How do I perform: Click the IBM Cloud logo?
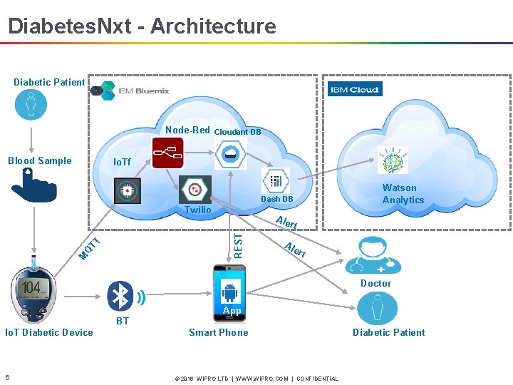point(355,89)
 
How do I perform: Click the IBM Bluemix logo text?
point(143,91)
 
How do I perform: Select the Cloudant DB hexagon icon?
point(231,154)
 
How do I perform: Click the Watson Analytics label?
point(403,194)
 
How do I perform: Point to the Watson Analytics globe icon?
point(393,161)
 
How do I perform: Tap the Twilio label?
point(198,210)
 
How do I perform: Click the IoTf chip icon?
point(128,190)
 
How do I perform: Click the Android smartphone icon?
point(230,290)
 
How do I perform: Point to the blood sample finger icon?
point(33,187)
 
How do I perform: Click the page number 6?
point(7,377)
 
